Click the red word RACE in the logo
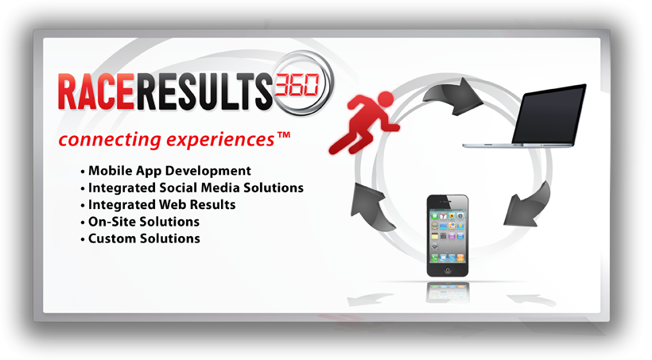click(x=96, y=91)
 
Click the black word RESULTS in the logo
click(x=204, y=91)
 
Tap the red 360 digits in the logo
click(x=297, y=85)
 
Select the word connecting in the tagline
click(x=110, y=140)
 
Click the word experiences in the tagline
click(x=220, y=140)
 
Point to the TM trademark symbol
click(x=284, y=136)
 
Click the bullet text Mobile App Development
click(x=169, y=171)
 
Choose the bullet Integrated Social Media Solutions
click(x=196, y=188)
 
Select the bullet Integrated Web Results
click(x=161, y=205)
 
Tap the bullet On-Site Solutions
click(x=144, y=222)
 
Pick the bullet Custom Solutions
click(x=144, y=238)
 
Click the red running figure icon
click(x=364, y=123)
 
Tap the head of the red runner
click(x=386, y=99)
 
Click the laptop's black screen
click(x=549, y=114)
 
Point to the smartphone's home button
click(x=448, y=269)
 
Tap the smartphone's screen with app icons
click(x=448, y=236)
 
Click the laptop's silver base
click(x=518, y=145)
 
